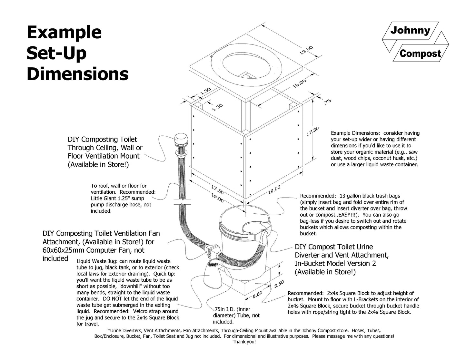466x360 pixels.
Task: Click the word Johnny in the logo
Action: [410, 31]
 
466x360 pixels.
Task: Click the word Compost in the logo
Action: [420, 53]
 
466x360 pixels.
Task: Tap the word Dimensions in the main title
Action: [77, 74]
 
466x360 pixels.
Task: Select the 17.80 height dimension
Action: [312, 131]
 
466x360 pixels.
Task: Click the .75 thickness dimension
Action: [327, 102]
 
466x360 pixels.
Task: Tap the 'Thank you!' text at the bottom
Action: [244, 342]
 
